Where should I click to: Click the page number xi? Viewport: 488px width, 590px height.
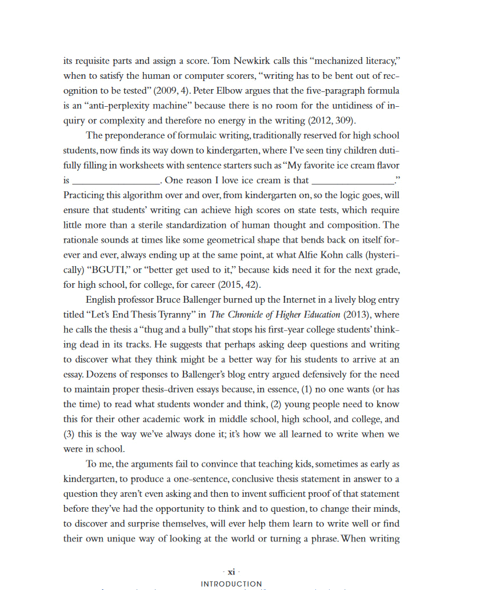pyautogui.click(x=231, y=572)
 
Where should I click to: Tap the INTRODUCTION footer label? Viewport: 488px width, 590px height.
pyautogui.click(x=231, y=584)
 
